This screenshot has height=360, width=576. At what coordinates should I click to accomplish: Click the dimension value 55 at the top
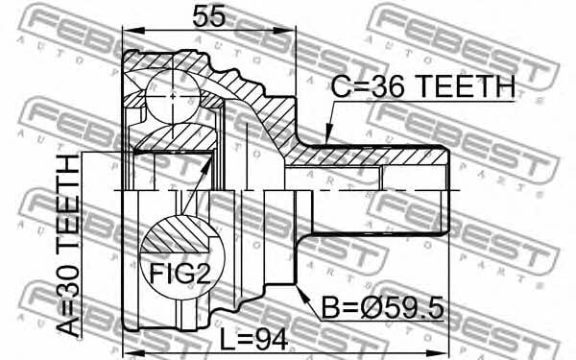click(x=208, y=16)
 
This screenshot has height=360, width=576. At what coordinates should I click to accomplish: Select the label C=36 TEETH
click(x=422, y=86)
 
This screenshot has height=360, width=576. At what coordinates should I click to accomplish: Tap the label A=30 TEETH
click(x=68, y=246)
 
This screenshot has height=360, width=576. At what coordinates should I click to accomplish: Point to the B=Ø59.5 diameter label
click(x=383, y=308)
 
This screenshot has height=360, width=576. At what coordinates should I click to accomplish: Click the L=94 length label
click(x=253, y=339)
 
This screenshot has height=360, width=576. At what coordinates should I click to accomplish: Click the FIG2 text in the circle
click(x=180, y=274)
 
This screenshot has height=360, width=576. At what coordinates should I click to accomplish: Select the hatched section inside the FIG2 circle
click(x=177, y=234)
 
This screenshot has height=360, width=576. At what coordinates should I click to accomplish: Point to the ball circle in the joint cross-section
click(x=173, y=96)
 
